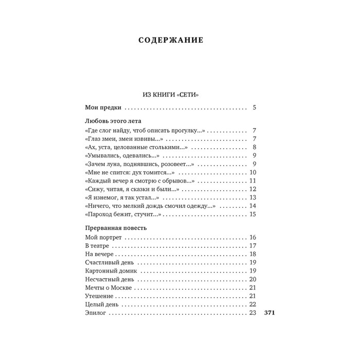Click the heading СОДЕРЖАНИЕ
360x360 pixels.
click(x=171, y=41)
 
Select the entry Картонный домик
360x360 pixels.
click(x=110, y=271)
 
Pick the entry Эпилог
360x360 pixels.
click(x=95, y=312)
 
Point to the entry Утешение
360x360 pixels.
click(x=98, y=295)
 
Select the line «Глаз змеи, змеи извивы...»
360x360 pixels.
click(x=123, y=139)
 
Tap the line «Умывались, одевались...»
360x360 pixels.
click(x=121, y=156)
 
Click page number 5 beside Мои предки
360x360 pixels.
click(x=254, y=108)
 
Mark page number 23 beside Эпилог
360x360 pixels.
click(x=252, y=312)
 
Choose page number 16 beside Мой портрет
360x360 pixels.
click(x=252, y=238)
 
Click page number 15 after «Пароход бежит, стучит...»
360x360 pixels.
click(x=252, y=214)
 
